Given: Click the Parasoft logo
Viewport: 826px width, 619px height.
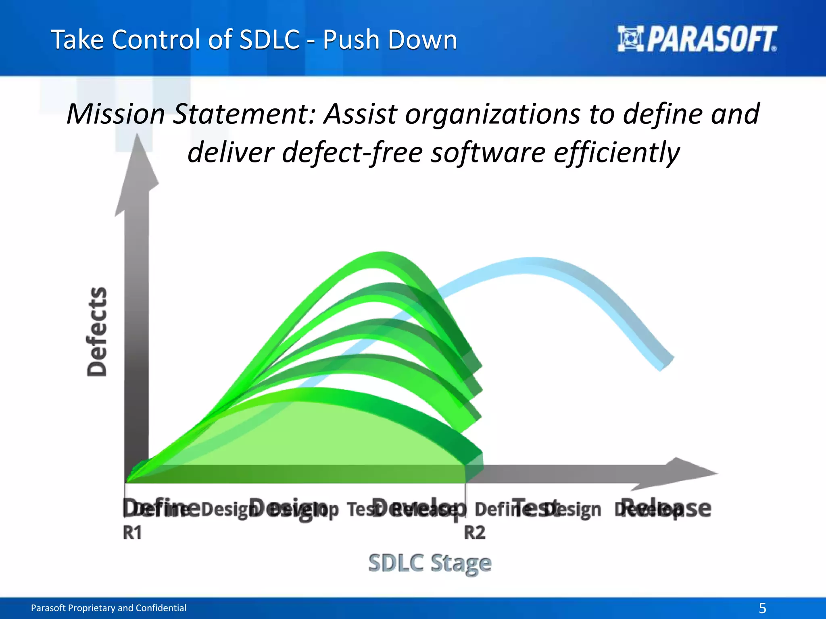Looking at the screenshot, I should pos(697,39).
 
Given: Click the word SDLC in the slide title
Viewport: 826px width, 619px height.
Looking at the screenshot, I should pos(269,40).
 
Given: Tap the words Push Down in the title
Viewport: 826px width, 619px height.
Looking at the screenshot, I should pos(390,40).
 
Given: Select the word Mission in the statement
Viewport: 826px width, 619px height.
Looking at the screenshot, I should pos(116,114).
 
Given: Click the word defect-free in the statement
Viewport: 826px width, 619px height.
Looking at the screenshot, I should pos(352,153).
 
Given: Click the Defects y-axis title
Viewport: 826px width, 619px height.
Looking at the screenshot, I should pos(97,332).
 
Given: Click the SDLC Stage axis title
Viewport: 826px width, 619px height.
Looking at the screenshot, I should pos(430,563).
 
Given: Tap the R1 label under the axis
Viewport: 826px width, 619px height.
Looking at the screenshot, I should pos(132,533).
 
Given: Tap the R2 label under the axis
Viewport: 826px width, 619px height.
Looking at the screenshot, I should pos(475,533).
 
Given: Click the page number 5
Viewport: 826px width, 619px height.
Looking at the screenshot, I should pos(762,608).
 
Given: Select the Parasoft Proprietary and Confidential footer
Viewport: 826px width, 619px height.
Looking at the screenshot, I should pos(109,608).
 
